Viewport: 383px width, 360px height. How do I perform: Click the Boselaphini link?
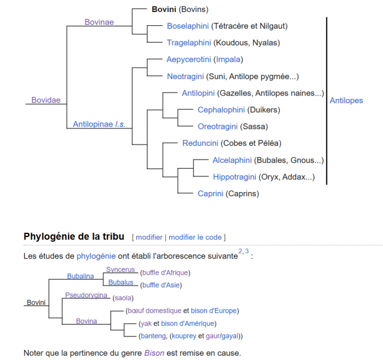click(x=187, y=26)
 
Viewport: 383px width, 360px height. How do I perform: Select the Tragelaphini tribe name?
click(x=189, y=43)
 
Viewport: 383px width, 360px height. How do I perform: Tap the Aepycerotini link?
click(x=188, y=59)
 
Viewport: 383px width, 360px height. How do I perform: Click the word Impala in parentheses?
click(x=228, y=59)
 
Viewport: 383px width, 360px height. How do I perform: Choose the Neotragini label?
click(x=185, y=76)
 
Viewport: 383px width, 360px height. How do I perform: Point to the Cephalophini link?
click(x=221, y=110)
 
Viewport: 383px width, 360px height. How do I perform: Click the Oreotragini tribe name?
click(x=217, y=127)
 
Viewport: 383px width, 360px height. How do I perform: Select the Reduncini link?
click(x=200, y=143)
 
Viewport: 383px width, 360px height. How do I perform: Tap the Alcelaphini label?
click(x=232, y=160)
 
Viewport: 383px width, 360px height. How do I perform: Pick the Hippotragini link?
click(x=235, y=177)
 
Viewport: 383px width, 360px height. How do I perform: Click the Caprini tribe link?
click(x=210, y=194)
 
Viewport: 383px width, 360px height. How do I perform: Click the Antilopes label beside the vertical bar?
click(x=346, y=101)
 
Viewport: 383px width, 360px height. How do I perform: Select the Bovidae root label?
click(x=46, y=100)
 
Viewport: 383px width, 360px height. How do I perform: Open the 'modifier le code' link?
click(x=195, y=237)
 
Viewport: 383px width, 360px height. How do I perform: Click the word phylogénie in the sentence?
click(x=96, y=256)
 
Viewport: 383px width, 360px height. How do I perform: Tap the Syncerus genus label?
click(x=121, y=269)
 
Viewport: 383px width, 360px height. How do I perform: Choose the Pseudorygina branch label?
click(x=86, y=295)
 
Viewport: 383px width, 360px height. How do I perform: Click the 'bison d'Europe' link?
click(x=214, y=311)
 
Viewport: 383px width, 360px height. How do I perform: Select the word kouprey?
click(x=184, y=336)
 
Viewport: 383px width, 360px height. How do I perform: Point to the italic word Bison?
click(x=154, y=353)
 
